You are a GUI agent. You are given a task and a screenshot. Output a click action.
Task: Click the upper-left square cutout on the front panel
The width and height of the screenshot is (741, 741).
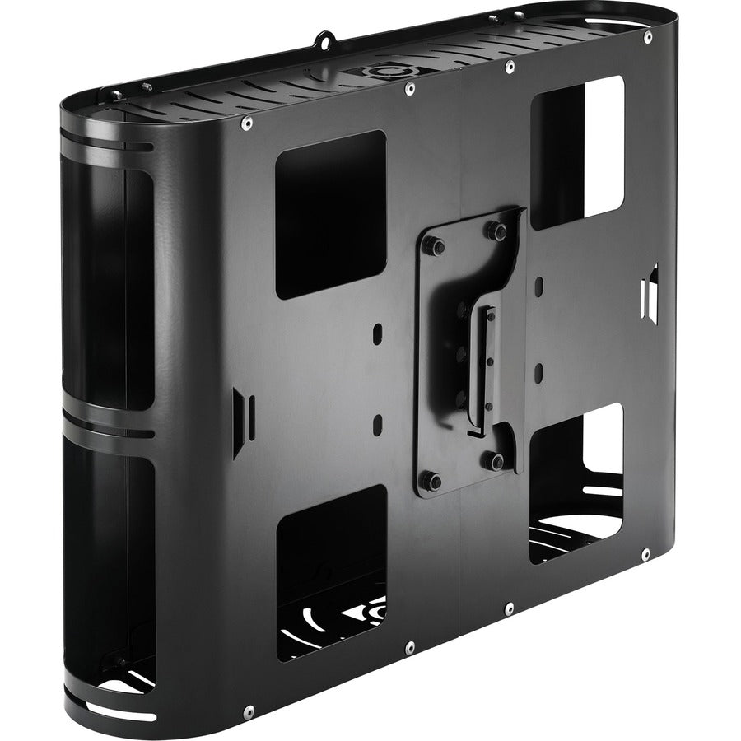point(329,214)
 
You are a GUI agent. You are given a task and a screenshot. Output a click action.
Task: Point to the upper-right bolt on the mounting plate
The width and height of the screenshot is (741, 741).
point(498,231)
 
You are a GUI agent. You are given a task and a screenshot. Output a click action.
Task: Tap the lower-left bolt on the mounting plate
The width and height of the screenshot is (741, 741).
point(430,480)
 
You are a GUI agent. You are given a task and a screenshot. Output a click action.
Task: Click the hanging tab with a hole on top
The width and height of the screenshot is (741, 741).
point(324,38)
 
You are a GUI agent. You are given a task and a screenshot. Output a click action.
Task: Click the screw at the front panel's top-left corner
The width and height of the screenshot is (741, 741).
point(246,123)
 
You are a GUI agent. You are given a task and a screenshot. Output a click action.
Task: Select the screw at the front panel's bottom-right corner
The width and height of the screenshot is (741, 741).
point(645,553)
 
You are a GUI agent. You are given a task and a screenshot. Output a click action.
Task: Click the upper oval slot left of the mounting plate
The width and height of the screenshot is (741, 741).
point(378,334)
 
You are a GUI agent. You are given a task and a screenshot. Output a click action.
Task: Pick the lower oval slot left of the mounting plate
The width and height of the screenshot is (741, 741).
point(378,424)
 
